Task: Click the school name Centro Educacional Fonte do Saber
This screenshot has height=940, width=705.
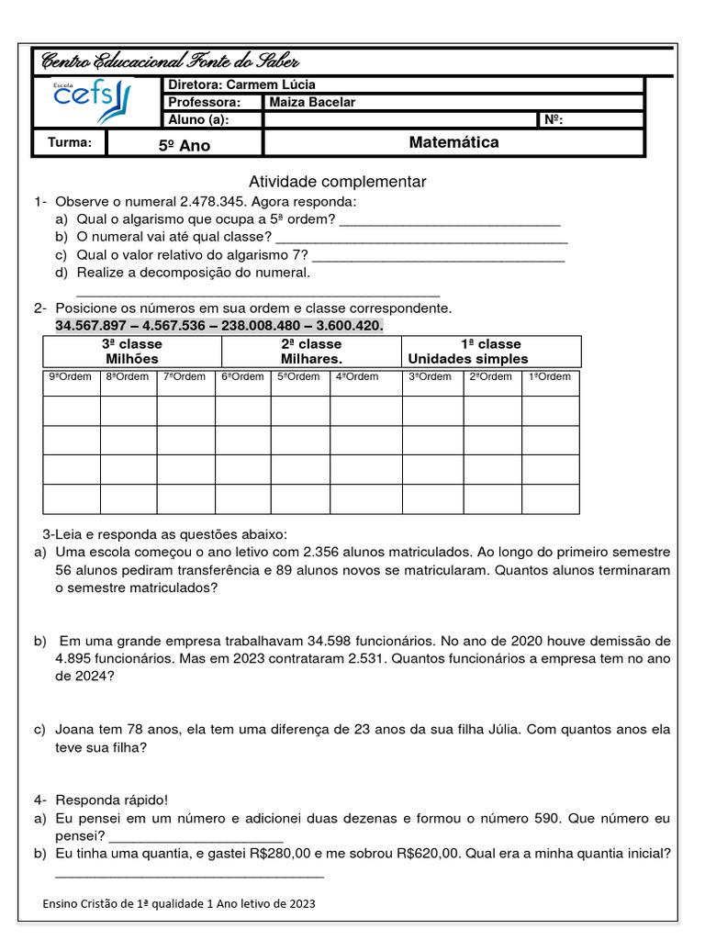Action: (x=170, y=62)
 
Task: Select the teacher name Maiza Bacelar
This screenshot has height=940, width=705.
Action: (x=312, y=102)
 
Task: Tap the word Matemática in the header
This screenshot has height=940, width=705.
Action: (x=453, y=142)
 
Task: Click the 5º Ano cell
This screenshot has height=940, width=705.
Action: (x=185, y=145)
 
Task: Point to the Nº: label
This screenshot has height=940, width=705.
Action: (x=554, y=119)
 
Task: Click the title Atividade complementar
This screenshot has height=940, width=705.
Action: (x=337, y=182)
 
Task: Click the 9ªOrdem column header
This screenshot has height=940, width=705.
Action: (x=71, y=377)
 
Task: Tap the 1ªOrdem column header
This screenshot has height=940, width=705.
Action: (x=550, y=377)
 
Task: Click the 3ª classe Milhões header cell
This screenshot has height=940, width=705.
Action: (x=132, y=352)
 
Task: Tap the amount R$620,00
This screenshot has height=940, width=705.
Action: (x=430, y=853)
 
